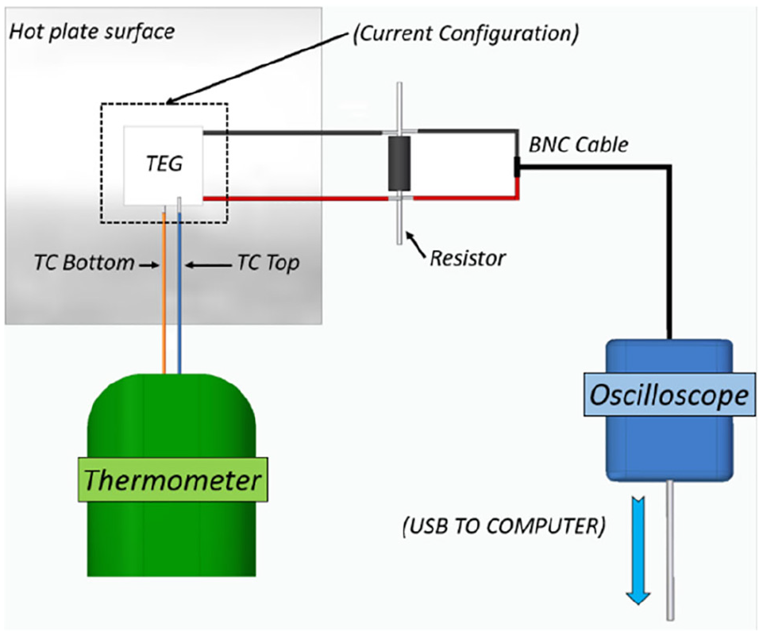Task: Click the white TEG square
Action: pos(163,165)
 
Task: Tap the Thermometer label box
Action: pos(173,479)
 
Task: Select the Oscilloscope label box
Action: pos(669,394)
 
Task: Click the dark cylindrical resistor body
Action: pos(399,164)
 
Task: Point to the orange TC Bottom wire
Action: pos(164,290)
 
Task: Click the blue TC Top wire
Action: pos(179,290)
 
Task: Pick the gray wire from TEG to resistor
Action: pos(292,133)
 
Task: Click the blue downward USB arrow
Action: pos(638,550)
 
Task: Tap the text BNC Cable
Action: pos(578,144)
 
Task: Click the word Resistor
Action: pos(468,258)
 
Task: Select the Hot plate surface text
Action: pos(92,32)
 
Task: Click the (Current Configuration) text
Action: pos(466,33)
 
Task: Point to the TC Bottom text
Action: pos(83,263)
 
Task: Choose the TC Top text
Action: pos(268,264)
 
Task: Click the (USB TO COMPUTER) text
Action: pos(503,526)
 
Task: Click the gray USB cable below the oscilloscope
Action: pos(670,550)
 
